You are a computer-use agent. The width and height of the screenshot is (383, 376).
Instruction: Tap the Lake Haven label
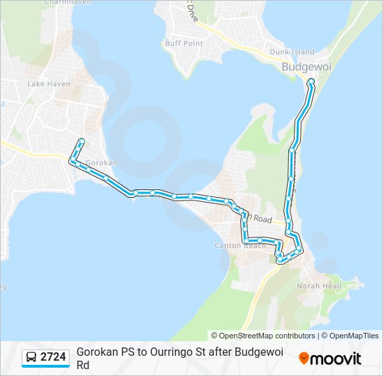tap(45, 84)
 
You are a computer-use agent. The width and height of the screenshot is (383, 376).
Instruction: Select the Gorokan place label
tap(101, 162)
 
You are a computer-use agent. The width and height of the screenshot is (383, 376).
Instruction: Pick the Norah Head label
tap(319, 285)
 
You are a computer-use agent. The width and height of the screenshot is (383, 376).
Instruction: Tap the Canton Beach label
tap(240, 246)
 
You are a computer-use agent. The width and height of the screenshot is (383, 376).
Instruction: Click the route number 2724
tap(54, 357)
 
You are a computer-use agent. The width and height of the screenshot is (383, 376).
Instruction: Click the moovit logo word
tap(336, 359)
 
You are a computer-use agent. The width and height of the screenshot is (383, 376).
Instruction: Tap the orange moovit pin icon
tap(304, 359)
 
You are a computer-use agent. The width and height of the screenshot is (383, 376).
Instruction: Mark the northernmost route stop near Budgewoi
tap(311, 81)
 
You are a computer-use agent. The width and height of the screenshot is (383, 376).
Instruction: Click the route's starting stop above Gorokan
tap(81, 141)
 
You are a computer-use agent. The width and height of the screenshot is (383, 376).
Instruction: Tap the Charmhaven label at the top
tap(49, 2)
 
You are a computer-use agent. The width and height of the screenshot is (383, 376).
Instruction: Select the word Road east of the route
tap(262, 219)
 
